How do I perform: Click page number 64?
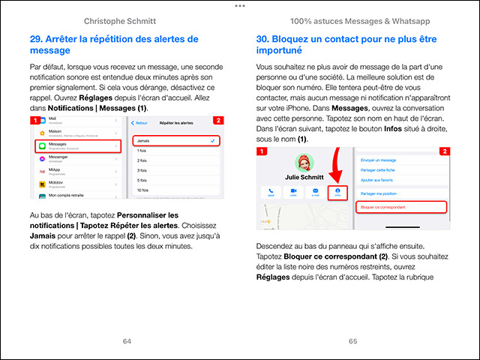tap(127, 340)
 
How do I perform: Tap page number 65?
tap(353, 340)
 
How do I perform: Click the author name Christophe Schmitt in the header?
tap(127, 19)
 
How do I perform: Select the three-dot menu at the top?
tap(240, 5)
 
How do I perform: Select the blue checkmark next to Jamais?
tap(214, 140)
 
